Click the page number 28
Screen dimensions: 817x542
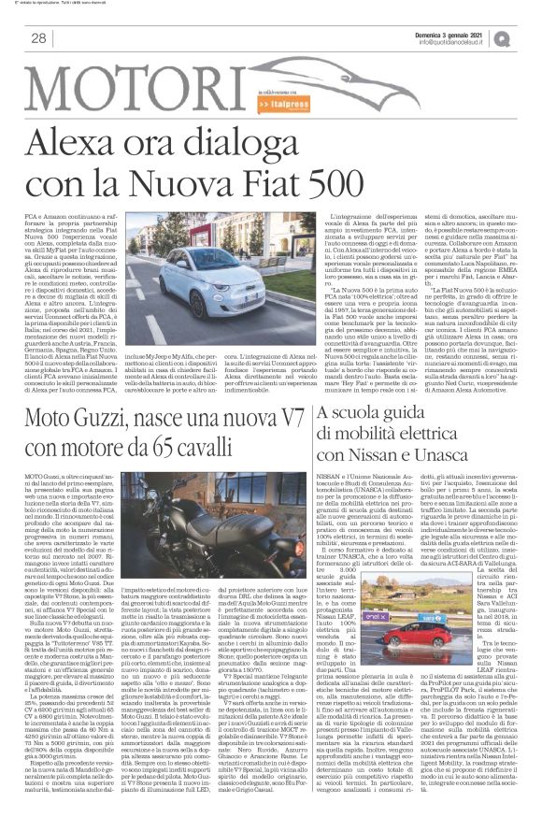pyautogui.click(x=39, y=37)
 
